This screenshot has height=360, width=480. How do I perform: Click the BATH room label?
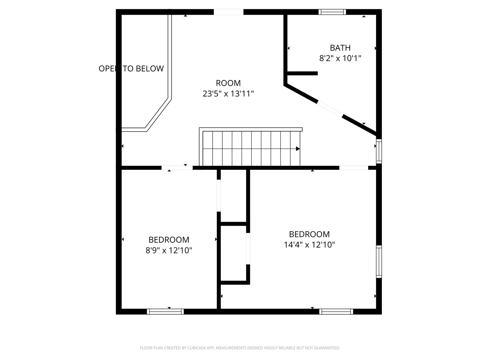340,48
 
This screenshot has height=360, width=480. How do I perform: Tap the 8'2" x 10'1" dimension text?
340,58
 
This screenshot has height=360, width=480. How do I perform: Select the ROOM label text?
228,83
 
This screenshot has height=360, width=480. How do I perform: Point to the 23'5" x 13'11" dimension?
228,94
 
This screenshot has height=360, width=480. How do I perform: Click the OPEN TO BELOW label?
131,69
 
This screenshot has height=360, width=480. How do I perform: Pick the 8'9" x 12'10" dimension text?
169,250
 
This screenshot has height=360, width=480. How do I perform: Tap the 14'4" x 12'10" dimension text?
309,244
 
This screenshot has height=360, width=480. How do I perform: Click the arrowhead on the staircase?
298,149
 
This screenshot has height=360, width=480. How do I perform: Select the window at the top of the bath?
332,12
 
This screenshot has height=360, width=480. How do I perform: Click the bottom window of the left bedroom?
165,311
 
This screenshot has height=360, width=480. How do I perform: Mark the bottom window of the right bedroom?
336,311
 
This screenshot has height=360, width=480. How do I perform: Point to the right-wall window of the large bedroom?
379,261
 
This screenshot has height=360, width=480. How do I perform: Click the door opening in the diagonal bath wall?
330,108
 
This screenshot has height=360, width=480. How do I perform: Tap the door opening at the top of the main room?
228,12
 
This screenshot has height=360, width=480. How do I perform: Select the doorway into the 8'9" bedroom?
177,168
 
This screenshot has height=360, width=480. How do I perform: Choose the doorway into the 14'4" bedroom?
354,168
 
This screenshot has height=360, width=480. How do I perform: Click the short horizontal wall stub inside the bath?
302,73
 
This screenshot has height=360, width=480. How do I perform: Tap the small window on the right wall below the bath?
379,151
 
